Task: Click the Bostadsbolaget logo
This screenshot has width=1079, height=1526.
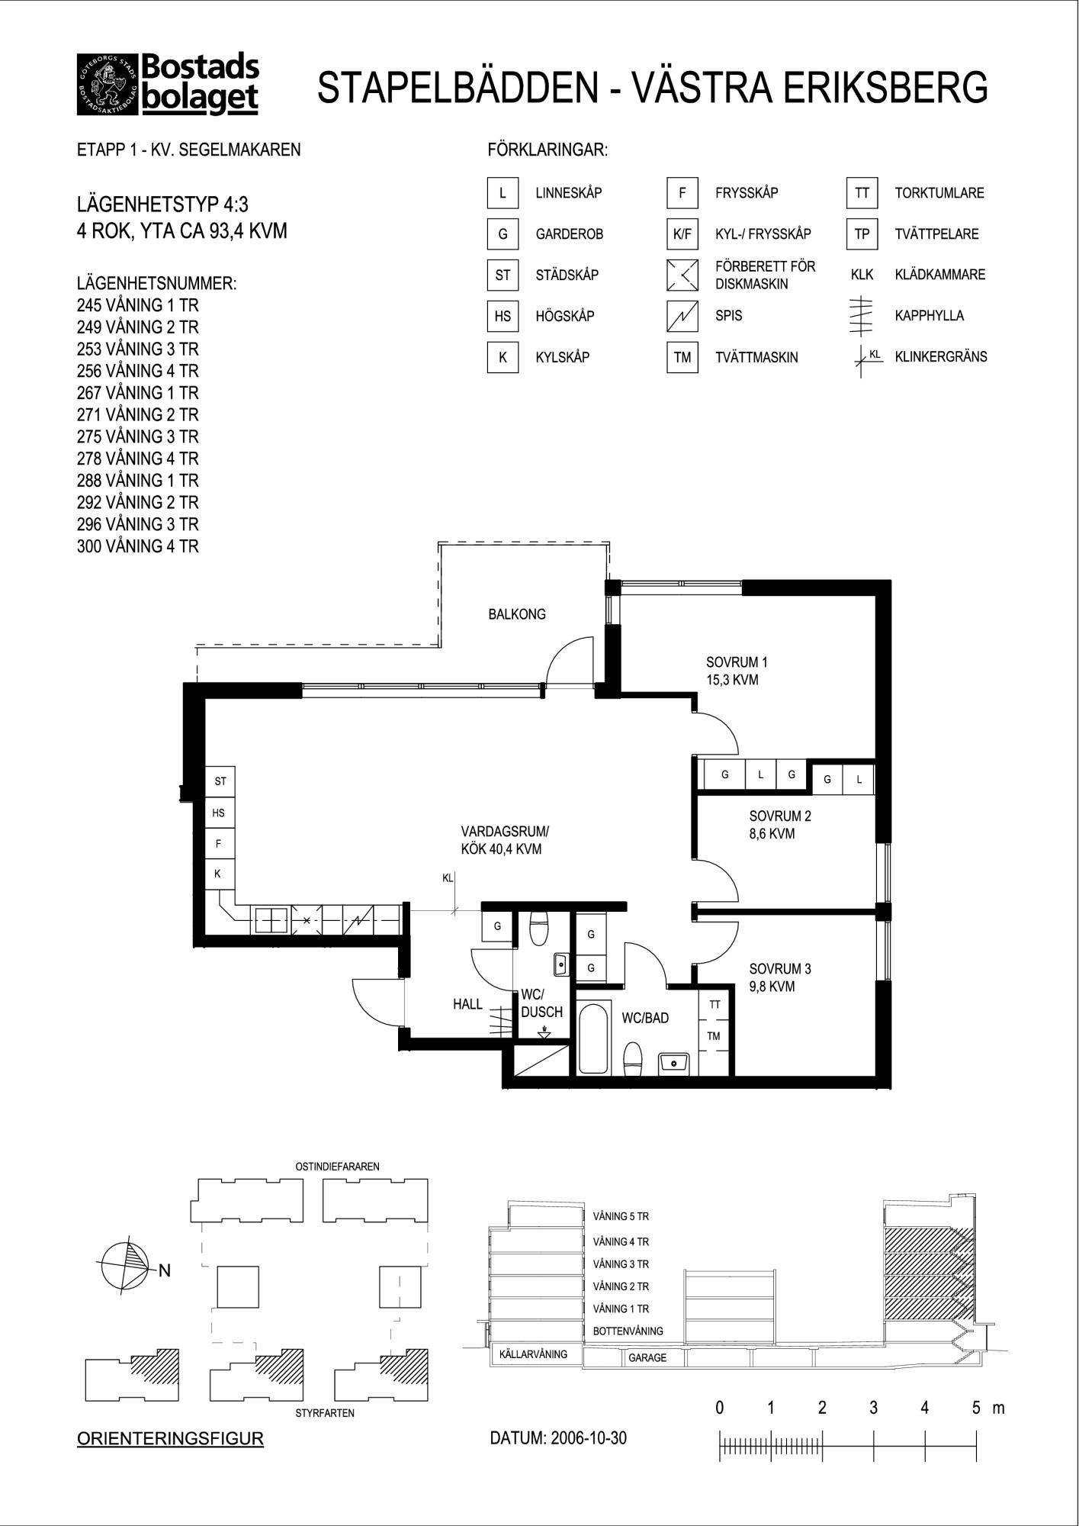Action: tap(168, 84)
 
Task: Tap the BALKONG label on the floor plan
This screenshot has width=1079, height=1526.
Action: tap(517, 614)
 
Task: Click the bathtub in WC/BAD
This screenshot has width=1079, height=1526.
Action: tap(593, 1038)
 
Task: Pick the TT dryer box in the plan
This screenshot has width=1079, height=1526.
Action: tap(715, 1005)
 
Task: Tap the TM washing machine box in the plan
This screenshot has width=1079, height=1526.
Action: tap(715, 1036)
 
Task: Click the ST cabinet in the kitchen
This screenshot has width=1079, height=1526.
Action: tap(220, 781)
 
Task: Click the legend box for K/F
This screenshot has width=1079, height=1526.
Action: tap(682, 234)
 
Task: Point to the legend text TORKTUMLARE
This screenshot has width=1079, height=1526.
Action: tap(939, 193)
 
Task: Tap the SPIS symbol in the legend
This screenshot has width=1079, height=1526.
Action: tap(682, 316)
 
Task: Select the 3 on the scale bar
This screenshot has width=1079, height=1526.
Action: tap(873, 1408)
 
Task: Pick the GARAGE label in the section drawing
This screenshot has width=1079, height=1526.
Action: tap(647, 1358)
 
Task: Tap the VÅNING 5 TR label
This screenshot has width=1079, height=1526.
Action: tap(621, 1216)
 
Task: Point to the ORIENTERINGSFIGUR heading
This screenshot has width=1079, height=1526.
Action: tap(171, 1439)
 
